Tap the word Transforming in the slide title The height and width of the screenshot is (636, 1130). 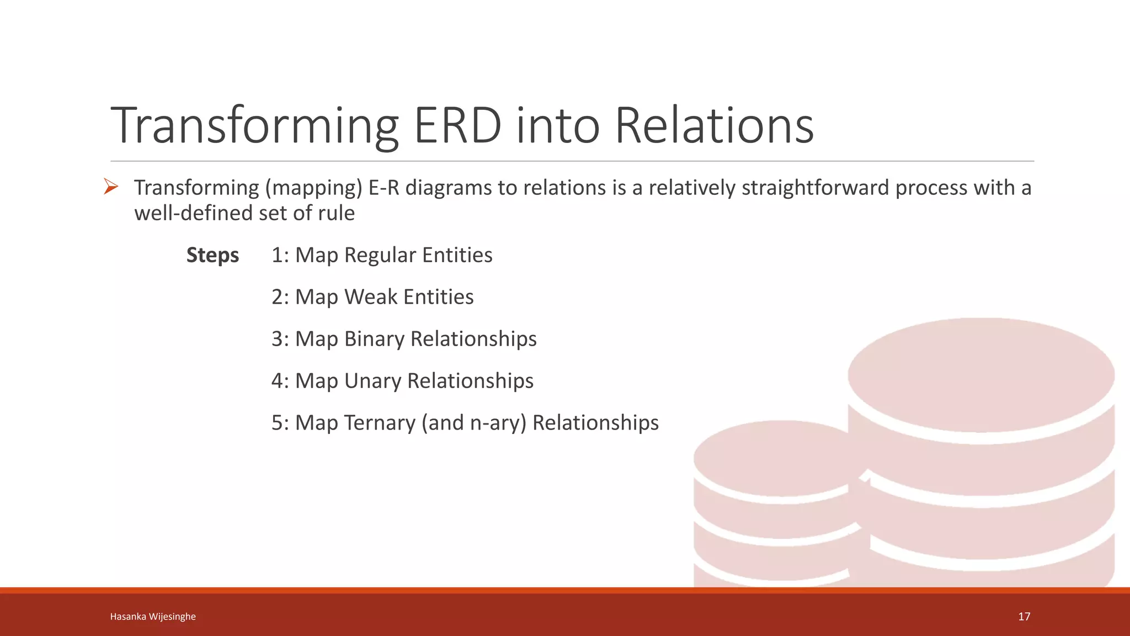[255, 126]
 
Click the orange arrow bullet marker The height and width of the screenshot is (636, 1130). [111, 187]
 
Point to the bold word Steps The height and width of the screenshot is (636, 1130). [212, 255]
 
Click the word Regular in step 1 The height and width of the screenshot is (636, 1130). [380, 255]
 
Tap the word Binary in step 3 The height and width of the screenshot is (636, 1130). [375, 339]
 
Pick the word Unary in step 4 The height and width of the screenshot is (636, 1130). [372, 381]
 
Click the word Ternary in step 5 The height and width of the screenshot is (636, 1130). [380, 423]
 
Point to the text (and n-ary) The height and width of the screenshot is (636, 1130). [474, 423]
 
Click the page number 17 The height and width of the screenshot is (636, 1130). [1024, 617]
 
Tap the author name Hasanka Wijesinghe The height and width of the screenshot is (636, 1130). [153, 617]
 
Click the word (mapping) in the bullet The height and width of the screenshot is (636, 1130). [313, 188]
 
